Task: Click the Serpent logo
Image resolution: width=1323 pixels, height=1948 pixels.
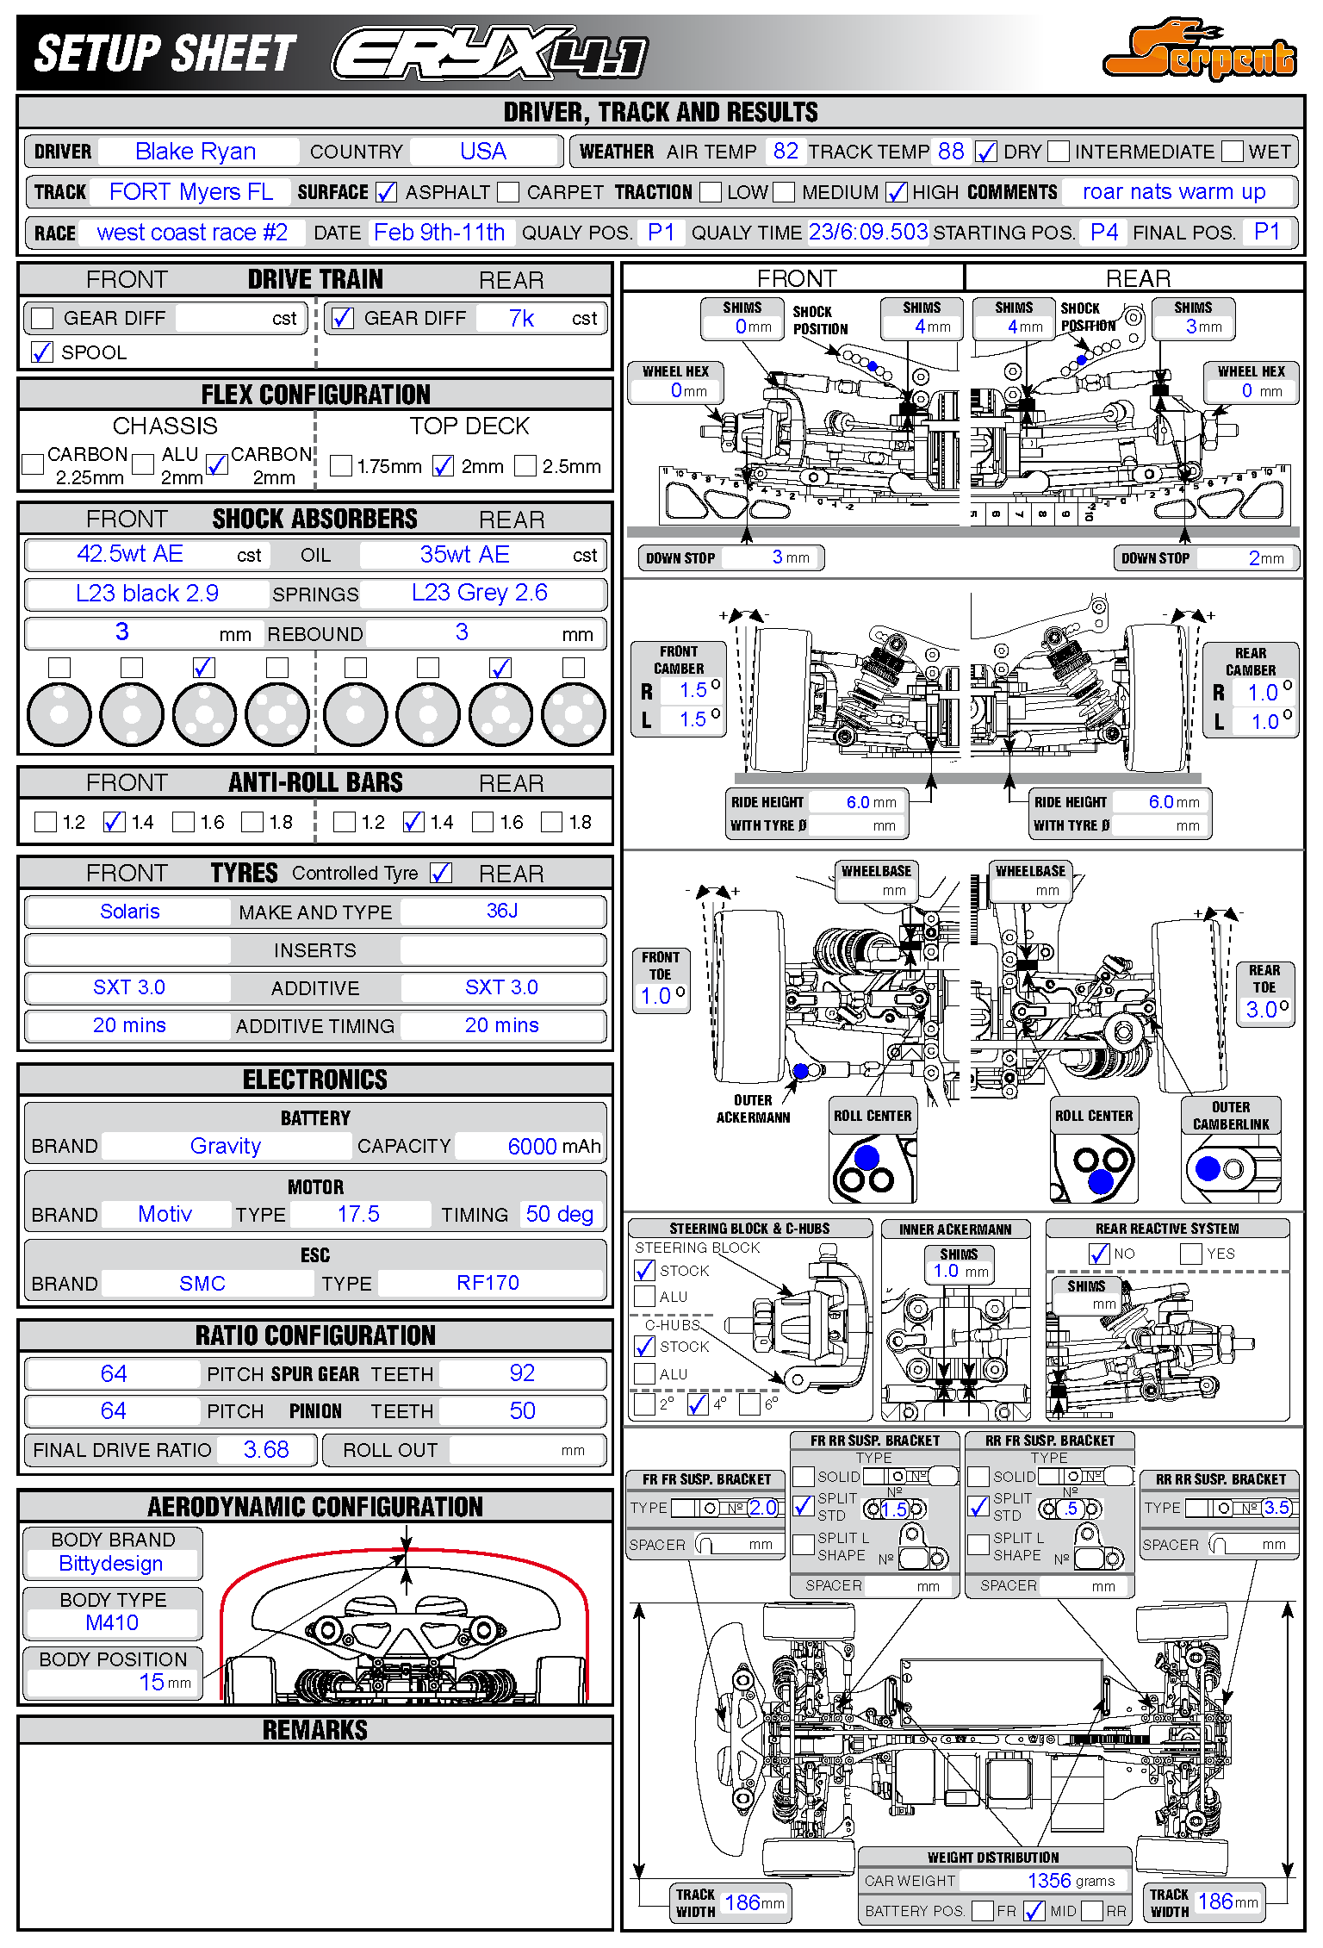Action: click(x=1199, y=52)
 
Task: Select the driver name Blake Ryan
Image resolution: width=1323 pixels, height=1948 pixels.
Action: click(x=196, y=152)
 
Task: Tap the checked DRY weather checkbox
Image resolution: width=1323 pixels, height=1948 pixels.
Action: click(x=985, y=152)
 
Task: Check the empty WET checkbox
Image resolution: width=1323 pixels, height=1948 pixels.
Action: click(x=1233, y=152)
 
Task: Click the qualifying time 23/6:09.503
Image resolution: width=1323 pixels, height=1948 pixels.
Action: click(x=867, y=233)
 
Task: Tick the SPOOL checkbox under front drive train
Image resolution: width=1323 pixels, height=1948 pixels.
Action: click(x=41, y=352)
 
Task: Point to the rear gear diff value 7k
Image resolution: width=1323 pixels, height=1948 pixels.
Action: click(x=521, y=319)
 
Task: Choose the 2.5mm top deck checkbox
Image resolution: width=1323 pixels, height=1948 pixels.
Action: click(x=525, y=466)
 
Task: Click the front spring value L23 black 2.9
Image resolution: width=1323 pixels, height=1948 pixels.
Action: click(x=147, y=594)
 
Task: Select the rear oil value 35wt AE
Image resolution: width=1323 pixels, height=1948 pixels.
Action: click(x=464, y=555)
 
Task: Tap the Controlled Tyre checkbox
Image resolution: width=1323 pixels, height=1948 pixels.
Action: click(x=441, y=873)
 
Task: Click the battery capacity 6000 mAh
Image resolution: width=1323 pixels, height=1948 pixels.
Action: click(x=532, y=1147)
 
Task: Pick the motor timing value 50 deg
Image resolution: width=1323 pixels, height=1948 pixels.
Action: click(x=559, y=1215)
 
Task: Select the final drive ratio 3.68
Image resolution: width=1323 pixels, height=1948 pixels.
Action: click(x=266, y=1450)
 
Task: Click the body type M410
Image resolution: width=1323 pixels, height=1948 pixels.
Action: click(x=112, y=1623)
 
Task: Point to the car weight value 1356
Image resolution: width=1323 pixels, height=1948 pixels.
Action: click(x=1048, y=1881)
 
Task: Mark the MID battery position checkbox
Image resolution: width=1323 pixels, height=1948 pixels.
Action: click(x=1034, y=1911)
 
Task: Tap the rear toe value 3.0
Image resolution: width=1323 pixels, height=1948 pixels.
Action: click(x=1262, y=1010)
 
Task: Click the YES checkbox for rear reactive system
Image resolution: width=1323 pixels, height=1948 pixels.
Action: click(x=1191, y=1254)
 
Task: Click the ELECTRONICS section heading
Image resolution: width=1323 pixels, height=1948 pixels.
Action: click(x=315, y=1080)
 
